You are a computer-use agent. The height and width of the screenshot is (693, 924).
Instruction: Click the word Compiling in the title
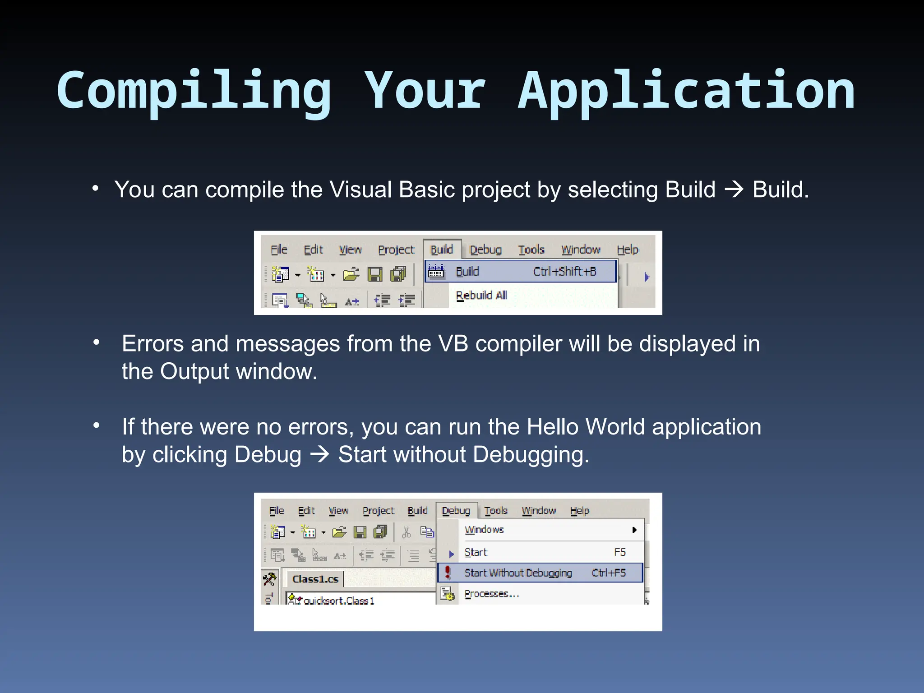coord(194,90)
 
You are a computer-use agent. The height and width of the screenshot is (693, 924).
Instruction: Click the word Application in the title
coord(686,90)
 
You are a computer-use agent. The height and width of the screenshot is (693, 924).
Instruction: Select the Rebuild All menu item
coord(481,296)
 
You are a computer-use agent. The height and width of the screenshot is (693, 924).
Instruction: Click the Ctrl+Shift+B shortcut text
coord(564,271)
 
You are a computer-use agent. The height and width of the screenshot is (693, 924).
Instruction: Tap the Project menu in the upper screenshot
coord(396,249)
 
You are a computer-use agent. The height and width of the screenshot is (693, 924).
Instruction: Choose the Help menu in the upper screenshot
coord(627,249)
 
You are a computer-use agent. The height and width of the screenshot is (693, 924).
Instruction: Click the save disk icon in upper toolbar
coord(374,274)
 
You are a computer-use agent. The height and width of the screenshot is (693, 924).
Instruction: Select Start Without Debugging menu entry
coord(518,573)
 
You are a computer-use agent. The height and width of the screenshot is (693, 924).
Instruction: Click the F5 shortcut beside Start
coord(619,552)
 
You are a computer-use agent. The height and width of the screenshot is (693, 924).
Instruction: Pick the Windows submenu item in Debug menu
coord(484,530)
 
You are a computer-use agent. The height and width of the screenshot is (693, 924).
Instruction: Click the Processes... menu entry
coord(492,594)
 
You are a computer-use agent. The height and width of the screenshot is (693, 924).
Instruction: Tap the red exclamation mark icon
coord(448,572)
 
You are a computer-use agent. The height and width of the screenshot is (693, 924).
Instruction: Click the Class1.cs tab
coord(315,579)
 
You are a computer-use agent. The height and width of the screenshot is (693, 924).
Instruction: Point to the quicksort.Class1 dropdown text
coord(338,601)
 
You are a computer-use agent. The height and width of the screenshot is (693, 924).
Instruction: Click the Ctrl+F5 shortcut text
coord(609,573)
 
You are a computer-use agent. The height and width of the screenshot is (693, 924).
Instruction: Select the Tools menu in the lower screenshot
coord(496,511)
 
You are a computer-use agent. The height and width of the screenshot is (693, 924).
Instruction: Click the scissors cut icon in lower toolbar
coord(406,532)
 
